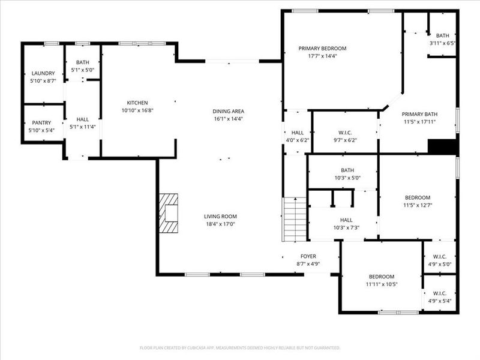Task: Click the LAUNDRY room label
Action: pos(43,73)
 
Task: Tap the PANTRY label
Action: pos(41,122)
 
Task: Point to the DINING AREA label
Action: pos(228,111)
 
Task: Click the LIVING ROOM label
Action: pos(221,217)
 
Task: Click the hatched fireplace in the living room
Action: pos(169,213)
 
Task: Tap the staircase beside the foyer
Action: pos(295,219)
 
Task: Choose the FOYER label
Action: pos(308,256)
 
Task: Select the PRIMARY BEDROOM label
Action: pos(322,49)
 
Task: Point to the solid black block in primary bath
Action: pos(443,147)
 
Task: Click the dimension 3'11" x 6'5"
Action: pos(442,43)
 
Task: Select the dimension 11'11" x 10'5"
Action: pos(382,284)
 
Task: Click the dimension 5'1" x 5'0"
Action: pos(82,70)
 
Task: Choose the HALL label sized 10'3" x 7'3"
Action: pos(346,220)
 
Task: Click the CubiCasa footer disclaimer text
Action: pos(240,347)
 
